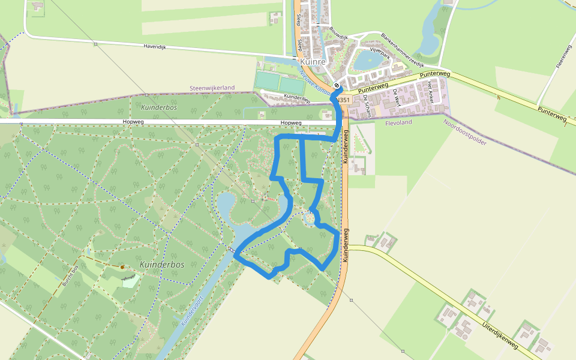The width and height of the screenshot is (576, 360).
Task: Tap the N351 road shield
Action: click(343, 100)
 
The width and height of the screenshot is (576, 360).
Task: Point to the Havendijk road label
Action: click(158, 46)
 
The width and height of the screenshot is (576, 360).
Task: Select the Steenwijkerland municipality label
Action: click(212, 88)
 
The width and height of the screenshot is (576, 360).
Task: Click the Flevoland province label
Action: click(398, 122)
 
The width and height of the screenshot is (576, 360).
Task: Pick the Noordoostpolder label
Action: click(464, 132)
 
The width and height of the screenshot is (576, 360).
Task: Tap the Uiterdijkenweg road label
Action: click(499, 335)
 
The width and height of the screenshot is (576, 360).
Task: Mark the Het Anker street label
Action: click(429, 93)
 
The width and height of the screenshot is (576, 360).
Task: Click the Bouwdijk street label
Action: click(338, 33)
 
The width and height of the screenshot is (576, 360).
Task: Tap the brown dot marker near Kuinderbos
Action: click(122, 266)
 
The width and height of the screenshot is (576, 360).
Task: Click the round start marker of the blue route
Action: click(337, 85)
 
